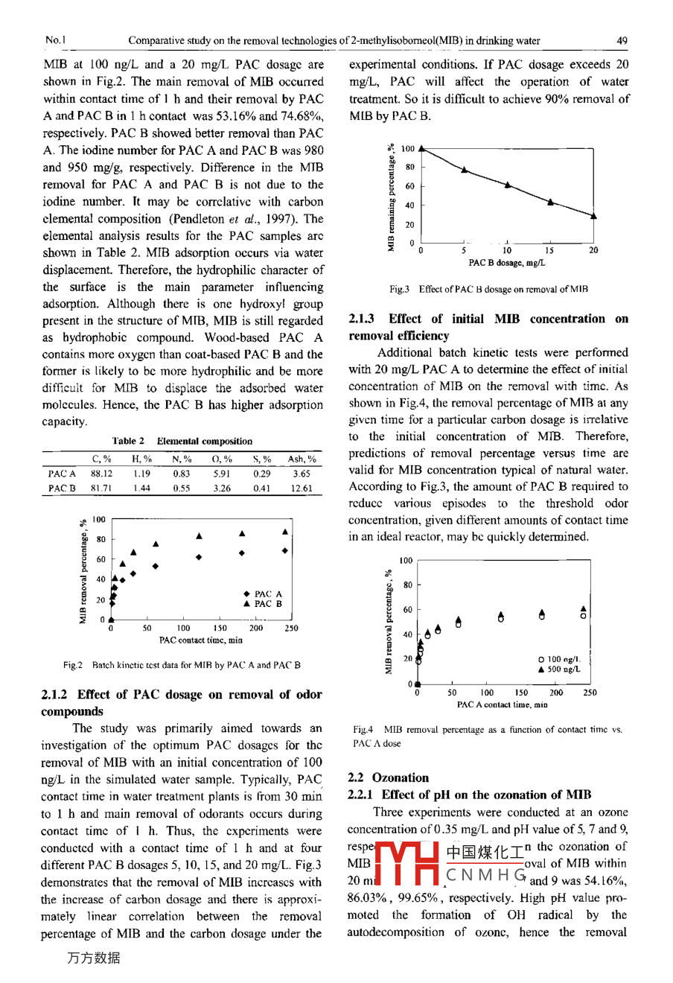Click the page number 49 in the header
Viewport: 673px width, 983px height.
(622, 41)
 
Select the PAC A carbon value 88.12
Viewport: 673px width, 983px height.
(101, 473)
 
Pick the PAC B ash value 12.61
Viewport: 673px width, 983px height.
(302, 489)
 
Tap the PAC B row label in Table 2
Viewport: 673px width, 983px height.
(62, 489)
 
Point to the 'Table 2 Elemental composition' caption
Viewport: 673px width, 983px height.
(182, 441)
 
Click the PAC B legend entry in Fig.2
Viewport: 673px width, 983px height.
(263, 604)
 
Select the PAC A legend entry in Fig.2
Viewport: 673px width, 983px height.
(263, 594)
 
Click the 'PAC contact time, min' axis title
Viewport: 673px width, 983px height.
(201, 640)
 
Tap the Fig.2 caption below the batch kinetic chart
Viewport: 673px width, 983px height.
(182, 665)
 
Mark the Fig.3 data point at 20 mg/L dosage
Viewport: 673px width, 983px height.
(593, 216)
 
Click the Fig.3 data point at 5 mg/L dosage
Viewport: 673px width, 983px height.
(464, 170)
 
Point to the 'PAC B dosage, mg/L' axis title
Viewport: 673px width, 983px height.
(507, 263)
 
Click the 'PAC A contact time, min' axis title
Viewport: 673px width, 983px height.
(503, 704)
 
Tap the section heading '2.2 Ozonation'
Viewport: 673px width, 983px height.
(389, 777)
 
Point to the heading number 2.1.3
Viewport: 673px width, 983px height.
(362, 319)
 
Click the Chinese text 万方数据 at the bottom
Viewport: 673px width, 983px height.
(93, 958)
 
